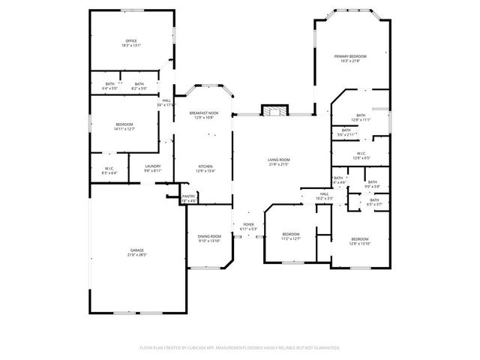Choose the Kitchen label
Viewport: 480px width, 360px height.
[205, 168]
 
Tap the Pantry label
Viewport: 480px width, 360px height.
[188, 198]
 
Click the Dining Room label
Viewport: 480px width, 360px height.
[209, 238]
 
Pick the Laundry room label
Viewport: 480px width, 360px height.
[153, 167]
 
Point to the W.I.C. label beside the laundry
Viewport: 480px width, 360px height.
[109, 167]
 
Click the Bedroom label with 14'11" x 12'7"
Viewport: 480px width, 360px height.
[124, 126]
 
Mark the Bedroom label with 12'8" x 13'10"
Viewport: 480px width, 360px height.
[360, 241]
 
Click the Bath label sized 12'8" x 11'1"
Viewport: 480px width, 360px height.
[361, 116]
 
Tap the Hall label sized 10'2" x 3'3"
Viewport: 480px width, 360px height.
[324, 196]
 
